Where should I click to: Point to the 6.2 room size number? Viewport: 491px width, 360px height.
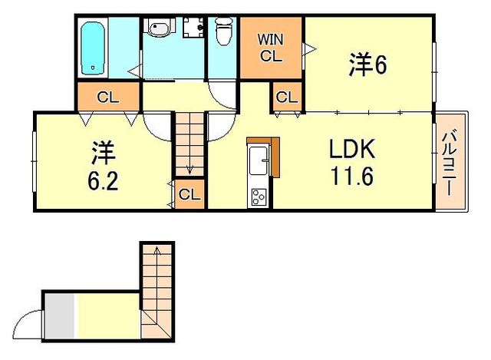tap(101, 182)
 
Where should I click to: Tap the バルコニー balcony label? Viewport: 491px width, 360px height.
tap(451, 162)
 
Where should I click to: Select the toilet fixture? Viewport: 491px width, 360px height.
tap(223, 33)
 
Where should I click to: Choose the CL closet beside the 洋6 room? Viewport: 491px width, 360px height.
tap(287, 98)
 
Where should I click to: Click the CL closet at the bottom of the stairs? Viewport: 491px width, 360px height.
tap(189, 195)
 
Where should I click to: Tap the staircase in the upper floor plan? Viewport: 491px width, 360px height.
tap(189, 142)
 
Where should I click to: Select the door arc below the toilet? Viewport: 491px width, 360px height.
tap(223, 96)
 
